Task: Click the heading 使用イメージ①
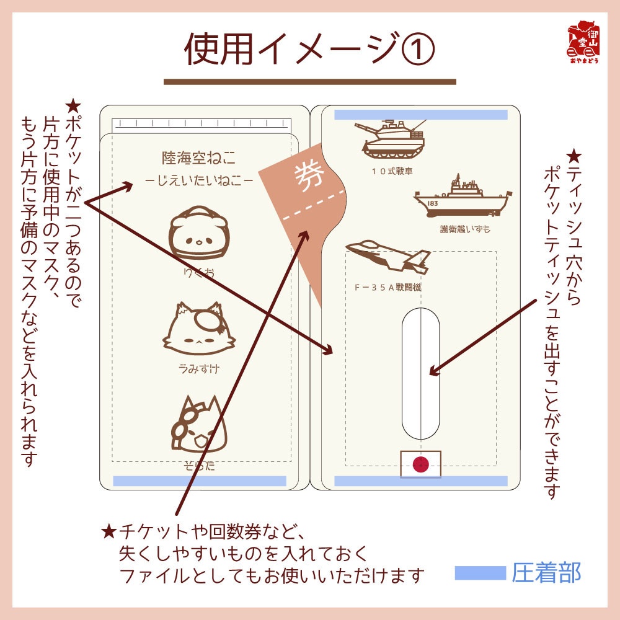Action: coord(309,50)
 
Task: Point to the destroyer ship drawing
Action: coord(463,196)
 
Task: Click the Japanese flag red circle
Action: coord(421,463)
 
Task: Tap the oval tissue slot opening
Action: coord(420,372)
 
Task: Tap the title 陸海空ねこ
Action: coord(198,157)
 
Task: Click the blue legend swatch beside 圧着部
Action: coord(480,572)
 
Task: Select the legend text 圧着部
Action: coord(546,572)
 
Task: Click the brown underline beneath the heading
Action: coord(309,81)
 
